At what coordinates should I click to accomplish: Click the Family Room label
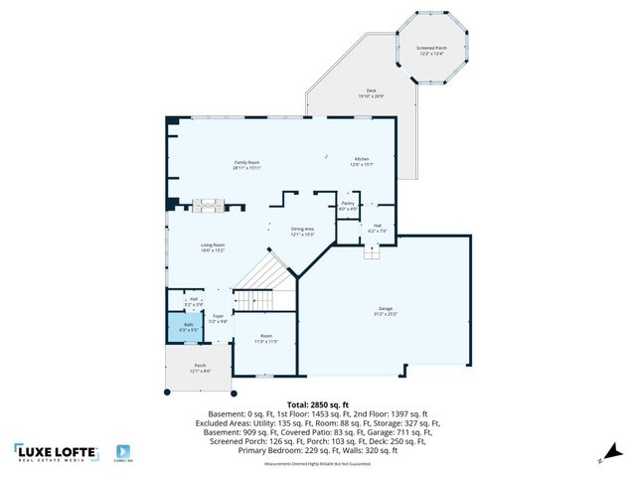pyautogui.click(x=246, y=165)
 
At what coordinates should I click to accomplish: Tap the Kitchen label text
pyautogui.click(x=362, y=162)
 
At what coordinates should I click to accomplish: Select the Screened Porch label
pyautogui.click(x=431, y=50)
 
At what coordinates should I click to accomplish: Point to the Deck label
pyautogui.click(x=371, y=94)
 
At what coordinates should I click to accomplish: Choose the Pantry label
pyautogui.click(x=347, y=206)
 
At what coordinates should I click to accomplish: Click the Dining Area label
pyautogui.click(x=302, y=232)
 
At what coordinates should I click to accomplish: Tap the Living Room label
pyautogui.click(x=213, y=247)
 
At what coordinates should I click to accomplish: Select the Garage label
pyautogui.click(x=385, y=311)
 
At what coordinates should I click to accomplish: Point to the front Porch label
pyautogui.click(x=200, y=368)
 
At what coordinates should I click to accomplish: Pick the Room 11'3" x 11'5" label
pyautogui.click(x=265, y=338)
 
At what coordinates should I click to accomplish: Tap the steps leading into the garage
pyautogui.click(x=372, y=252)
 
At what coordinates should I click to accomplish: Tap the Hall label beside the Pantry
pyautogui.click(x=378, y=229)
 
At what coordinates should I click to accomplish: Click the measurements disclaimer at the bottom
pyautogui.click(x=317, y=464)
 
